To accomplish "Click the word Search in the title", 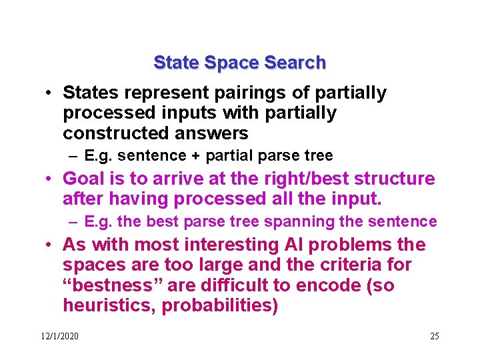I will tap(295, 63).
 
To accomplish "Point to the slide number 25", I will tap(434, 336).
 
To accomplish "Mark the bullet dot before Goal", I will tap(49, 179).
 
